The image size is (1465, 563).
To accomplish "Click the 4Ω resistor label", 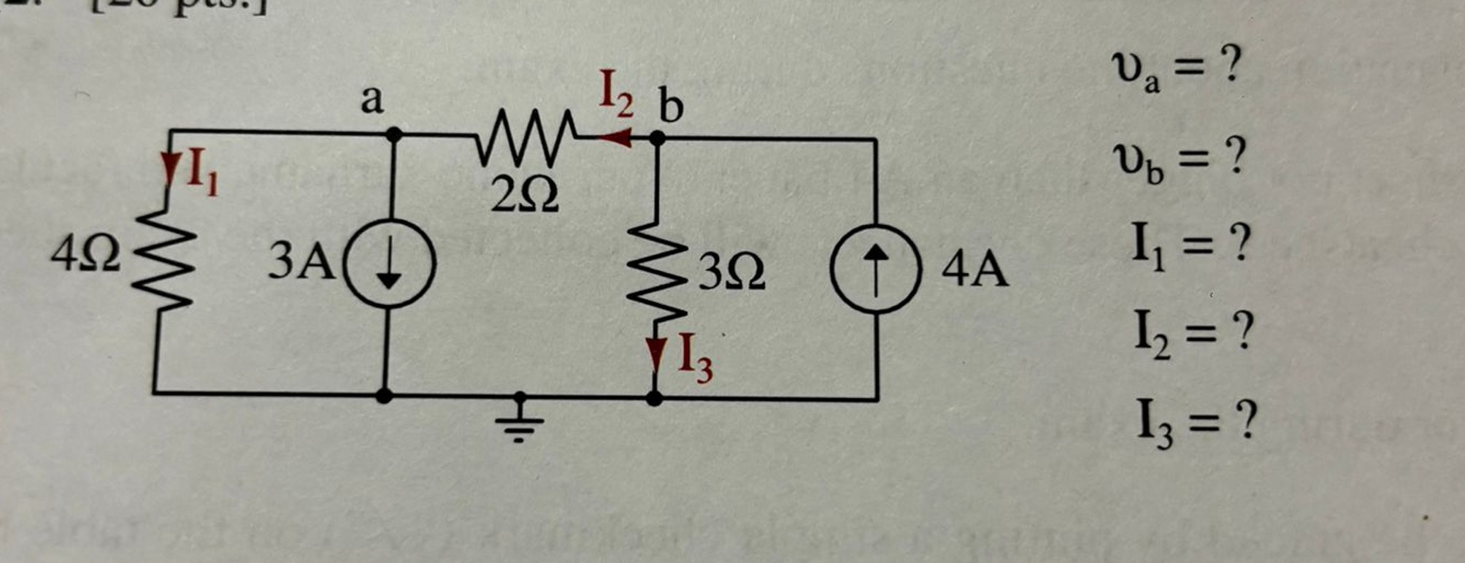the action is point(86,256).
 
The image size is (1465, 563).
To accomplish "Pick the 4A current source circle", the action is point(876,268).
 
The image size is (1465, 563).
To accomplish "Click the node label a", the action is point(372,100).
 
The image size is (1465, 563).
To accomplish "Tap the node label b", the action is point(671,107).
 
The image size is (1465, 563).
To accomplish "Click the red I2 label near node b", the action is point(616,96).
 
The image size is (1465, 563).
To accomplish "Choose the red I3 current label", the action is point(694,357).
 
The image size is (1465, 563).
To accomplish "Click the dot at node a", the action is point(393,134).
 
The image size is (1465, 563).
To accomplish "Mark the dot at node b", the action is point(657,137).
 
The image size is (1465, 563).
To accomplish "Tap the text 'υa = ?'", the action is point(1176,69).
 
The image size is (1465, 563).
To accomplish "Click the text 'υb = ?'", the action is point(1177,160).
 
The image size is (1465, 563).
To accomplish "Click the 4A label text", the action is point(974,270).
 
